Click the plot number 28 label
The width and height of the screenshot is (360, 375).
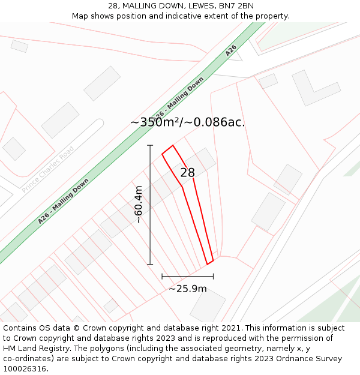[188, 173]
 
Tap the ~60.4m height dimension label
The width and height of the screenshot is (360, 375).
[138, 204]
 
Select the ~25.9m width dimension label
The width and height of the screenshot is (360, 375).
[187, 289]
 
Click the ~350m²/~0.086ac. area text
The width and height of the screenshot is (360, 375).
[188, 122]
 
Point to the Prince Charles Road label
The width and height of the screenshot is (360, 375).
[47, 170]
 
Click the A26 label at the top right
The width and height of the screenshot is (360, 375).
[231, 50]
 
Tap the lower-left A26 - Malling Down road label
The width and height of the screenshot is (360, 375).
[63, 201]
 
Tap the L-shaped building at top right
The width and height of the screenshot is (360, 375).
[315, 88]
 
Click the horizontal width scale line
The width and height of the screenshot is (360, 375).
[187, 277]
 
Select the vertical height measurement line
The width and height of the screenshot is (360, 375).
[150, 204]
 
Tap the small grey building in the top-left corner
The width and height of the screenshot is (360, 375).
[19, 46]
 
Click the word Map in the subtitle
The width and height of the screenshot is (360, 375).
[80, 16]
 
